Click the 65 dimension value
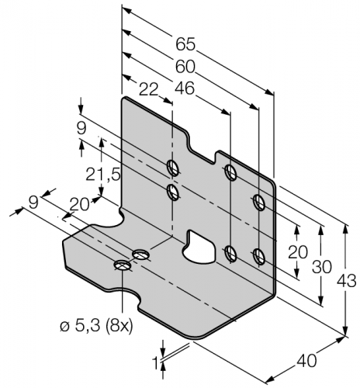(x=185, y=44)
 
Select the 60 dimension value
(x=185, y=67)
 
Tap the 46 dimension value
(x=185, y=88)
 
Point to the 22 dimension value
(x=148, y=90)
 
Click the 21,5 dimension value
(x=103, y=175)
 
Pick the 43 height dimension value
(x=346, y=281)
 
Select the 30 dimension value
(x=321, y=267)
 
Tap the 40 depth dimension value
(x=306, y=361)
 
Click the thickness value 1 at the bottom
(x=156, y=363)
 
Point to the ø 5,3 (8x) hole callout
(x=96, y=327)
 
